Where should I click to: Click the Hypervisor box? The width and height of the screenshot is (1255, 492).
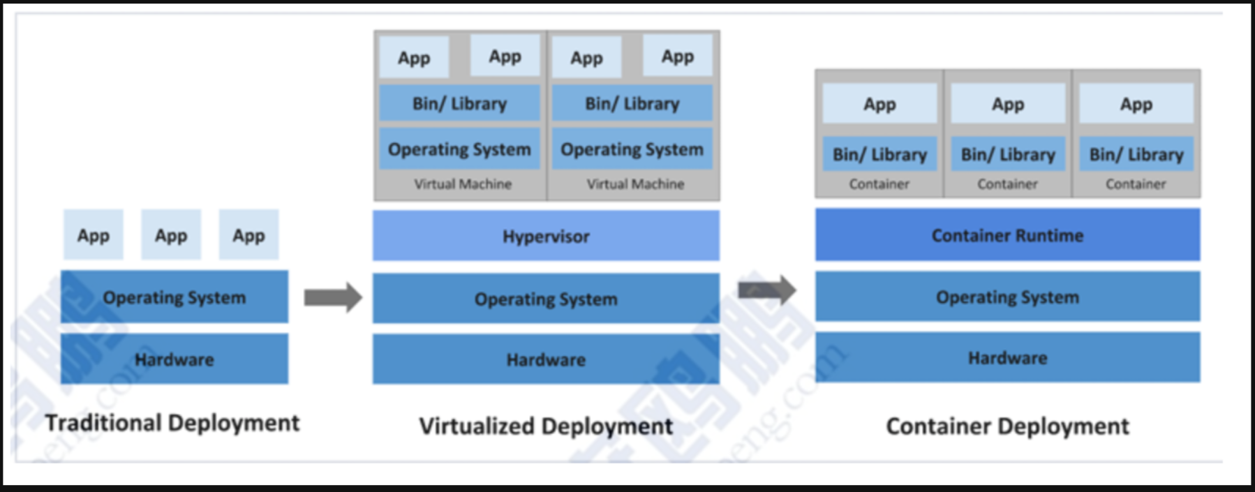[x=546, y=236]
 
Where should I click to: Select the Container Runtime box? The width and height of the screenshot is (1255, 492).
[x=1007, y=235]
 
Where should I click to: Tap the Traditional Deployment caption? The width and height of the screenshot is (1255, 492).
[x=172, y=423]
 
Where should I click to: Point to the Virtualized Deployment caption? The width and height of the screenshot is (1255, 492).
[x=546, y=426]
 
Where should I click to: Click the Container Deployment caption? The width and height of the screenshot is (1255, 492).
[x=1007, y=426]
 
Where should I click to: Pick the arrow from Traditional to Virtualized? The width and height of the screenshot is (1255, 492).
[x=333, y=297]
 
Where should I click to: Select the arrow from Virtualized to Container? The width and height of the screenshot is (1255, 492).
[x=766, y=290]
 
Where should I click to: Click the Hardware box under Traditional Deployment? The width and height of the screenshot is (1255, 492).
[x=174, y=359]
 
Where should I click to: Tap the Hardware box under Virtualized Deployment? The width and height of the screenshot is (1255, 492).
[x=546, y=359]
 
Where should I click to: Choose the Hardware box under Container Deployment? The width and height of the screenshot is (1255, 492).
[x=1007, y=357]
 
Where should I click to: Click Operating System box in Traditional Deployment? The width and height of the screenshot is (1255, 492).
[x=174, y=297]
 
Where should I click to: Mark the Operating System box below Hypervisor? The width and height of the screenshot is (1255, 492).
[x=546, y=299]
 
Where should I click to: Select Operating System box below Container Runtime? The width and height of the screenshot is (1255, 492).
[x=1007, y=297]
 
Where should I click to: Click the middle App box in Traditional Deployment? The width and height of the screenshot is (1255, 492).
[x=171, y=235]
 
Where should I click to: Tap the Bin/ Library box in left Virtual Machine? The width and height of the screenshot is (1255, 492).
[x=459, y=103]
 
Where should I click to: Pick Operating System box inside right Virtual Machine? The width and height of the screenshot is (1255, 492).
[x=632, y=149]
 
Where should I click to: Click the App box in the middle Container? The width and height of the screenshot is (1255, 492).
[x=1008, y=104]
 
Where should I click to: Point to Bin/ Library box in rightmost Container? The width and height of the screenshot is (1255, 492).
[x=1136, y=154]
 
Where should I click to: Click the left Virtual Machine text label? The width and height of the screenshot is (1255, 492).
[x=463, y=184]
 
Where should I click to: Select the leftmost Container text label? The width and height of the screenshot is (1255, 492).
[x=879, y=184]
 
